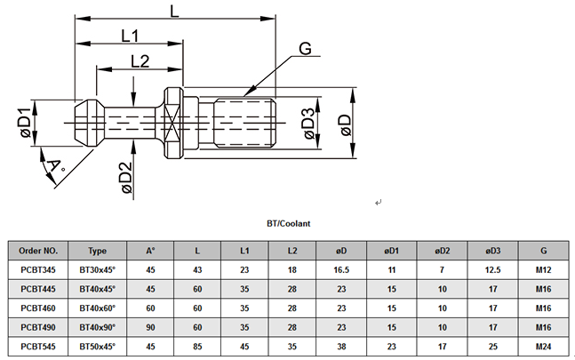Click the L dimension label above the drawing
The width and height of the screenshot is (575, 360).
[x=175, y=11]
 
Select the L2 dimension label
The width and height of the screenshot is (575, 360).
[x=139, y=61]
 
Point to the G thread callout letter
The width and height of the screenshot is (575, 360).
[x=304, y=50]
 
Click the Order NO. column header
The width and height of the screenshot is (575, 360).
[x=39, y=251]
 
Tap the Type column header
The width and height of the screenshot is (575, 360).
[x=98, y=251]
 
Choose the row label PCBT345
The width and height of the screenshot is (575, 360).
[x=39, y=269]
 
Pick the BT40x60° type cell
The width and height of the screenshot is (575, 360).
[x=98, y=308]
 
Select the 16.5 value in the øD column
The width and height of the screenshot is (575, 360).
[x=340, y=269]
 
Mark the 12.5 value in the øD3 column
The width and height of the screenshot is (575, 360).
[x=492, y=269]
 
